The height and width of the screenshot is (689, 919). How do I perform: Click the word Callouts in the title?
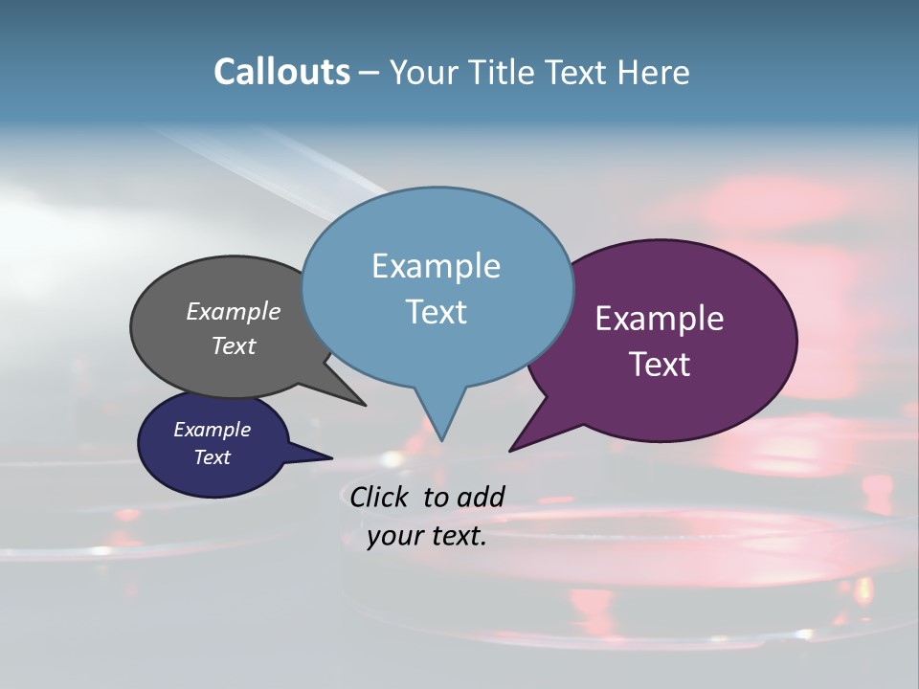[281, 72]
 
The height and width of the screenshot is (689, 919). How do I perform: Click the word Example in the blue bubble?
[436, 266]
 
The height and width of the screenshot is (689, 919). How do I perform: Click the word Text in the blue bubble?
[436, 312]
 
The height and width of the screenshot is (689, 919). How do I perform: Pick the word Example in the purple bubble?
[660, 319]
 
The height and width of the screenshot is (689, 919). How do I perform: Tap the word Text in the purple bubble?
[660, 365]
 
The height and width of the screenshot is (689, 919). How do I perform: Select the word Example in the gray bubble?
[234, 312]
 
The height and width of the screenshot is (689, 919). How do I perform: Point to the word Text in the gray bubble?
[234, 345]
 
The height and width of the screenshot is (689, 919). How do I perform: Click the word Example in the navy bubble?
[213, 430]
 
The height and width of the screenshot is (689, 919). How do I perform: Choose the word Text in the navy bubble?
[213, 457]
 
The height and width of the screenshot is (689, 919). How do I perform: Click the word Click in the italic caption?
[371, 497]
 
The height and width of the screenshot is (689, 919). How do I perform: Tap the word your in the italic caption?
[394, 536]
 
